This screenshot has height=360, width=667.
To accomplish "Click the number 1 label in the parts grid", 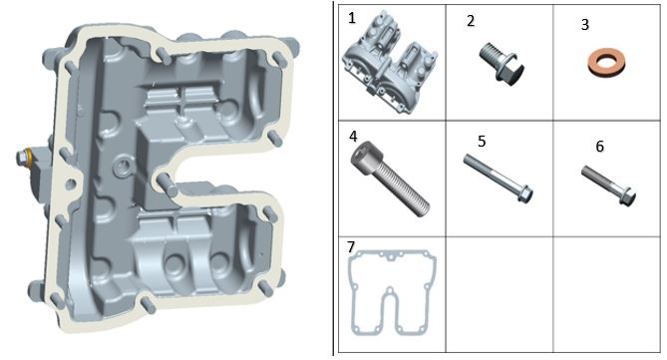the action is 351,18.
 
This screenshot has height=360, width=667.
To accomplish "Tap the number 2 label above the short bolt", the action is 471,21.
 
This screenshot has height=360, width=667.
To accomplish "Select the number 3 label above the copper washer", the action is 585,25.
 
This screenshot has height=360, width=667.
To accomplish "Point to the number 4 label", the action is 353,137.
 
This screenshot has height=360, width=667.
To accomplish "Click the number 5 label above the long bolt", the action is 482,142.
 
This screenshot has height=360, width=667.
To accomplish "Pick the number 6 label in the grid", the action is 600,147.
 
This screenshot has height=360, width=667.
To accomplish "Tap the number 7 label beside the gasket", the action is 351,246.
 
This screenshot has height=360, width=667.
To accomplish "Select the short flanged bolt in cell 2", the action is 501,64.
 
